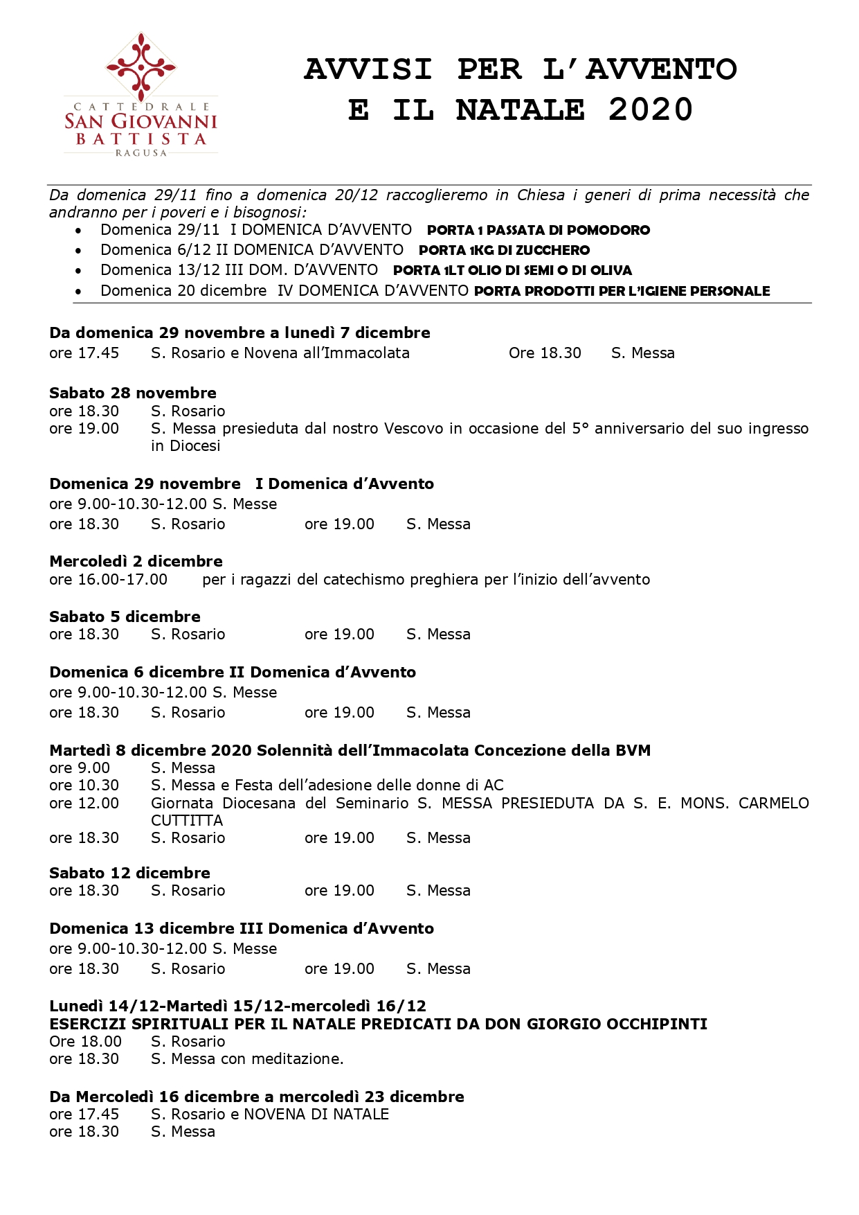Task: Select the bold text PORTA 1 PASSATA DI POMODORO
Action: (539, 231)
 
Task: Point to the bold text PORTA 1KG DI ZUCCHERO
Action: (504, 251)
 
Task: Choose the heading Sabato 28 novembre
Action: (133, 393)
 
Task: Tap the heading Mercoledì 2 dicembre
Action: (136, 561)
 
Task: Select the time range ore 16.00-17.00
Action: (108, 579)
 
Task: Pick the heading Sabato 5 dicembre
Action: (125, 617)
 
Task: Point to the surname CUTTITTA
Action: (187, 820)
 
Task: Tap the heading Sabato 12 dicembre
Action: (129, 873)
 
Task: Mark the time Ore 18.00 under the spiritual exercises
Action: (85, 1041)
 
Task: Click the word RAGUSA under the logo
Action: (141, 152)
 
